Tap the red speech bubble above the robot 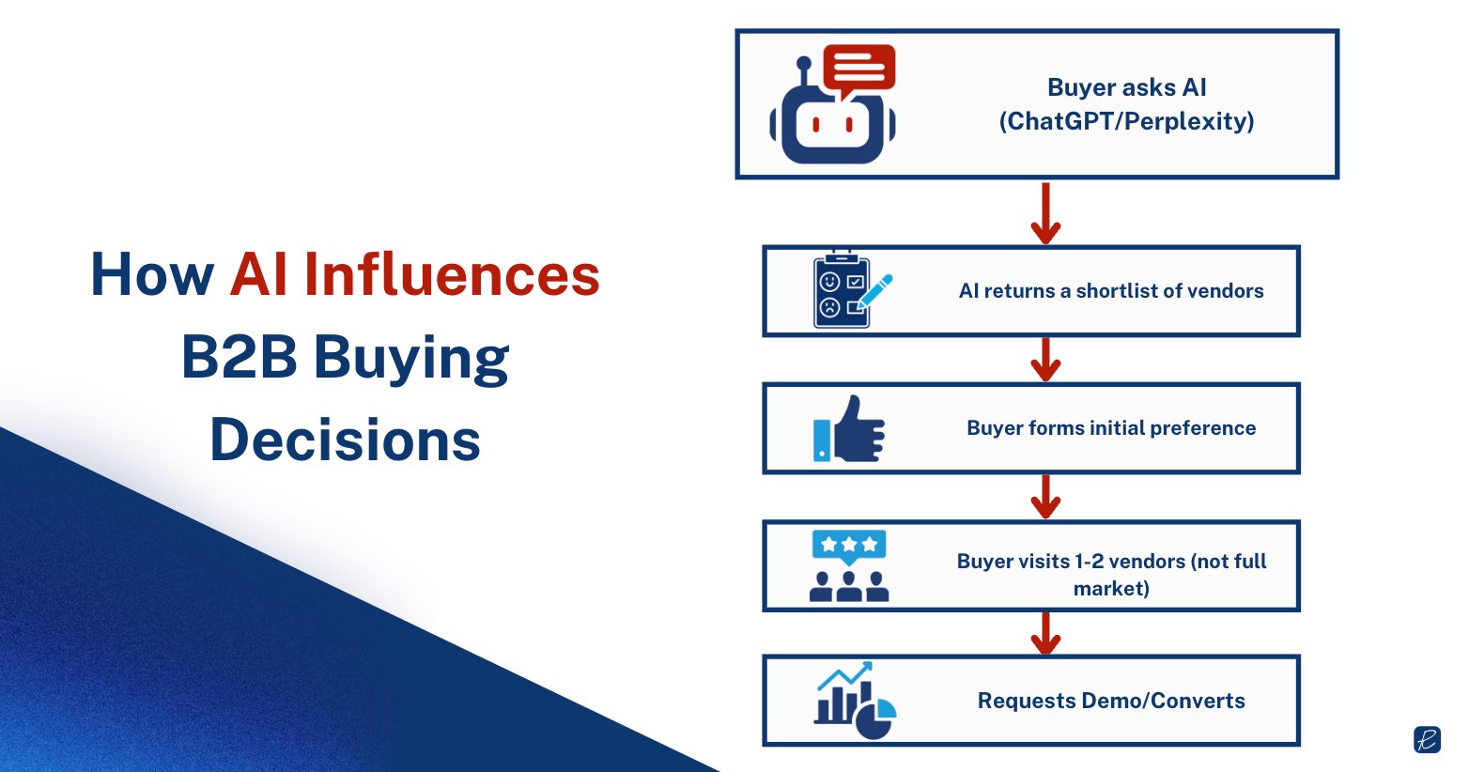858,68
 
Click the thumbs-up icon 849,429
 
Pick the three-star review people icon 849,565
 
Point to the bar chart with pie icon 855,701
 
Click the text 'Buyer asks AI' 1126,87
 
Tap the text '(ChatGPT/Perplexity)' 1126,121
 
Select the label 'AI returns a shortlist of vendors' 1111,291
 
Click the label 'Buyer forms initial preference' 1111,428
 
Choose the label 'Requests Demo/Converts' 1111,701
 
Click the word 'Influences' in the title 452,275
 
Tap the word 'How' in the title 152,275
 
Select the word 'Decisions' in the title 345,440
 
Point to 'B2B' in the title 239,358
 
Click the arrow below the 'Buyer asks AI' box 1045,213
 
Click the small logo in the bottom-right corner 1427,739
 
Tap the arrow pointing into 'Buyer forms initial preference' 1045,360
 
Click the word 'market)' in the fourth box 1111,589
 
